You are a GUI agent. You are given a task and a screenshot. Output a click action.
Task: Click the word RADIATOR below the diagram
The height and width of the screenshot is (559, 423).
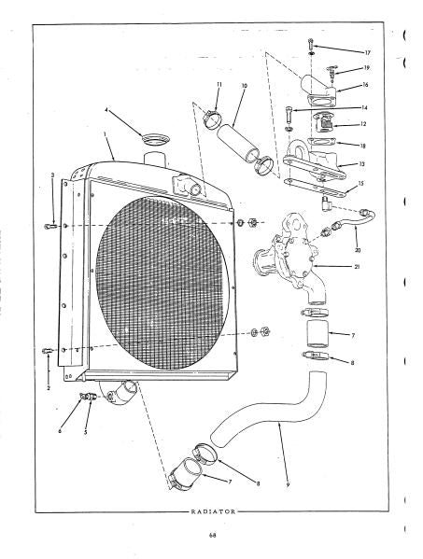213,511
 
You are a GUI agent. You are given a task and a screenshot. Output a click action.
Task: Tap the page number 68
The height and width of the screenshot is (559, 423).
213,535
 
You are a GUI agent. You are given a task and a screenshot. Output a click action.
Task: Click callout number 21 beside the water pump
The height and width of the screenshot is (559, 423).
357,266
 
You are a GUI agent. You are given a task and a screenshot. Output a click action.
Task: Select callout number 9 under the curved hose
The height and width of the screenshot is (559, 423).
288,484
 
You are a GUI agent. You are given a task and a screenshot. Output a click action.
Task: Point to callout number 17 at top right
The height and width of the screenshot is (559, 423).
367,53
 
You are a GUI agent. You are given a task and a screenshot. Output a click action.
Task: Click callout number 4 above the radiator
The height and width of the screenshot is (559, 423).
106,110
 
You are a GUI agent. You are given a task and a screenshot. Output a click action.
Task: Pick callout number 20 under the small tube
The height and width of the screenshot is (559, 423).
358,250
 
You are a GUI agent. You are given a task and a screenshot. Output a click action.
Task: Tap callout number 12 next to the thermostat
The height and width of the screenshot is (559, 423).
363,124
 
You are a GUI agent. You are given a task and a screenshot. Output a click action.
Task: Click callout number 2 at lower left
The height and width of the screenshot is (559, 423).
49,388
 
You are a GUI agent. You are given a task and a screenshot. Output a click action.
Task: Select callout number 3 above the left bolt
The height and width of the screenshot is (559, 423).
53,175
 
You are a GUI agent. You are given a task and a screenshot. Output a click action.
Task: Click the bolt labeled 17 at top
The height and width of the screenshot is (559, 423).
311,44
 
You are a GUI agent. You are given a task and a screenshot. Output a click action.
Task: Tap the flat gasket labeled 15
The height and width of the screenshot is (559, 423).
315,188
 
